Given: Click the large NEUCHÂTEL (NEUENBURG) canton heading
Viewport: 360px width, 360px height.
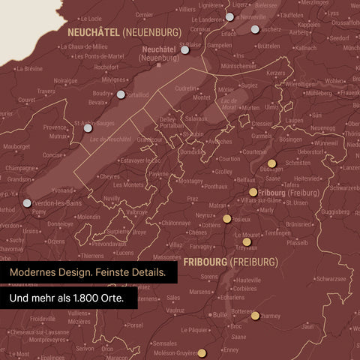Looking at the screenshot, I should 124,33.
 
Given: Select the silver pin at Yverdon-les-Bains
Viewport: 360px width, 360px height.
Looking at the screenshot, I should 28,202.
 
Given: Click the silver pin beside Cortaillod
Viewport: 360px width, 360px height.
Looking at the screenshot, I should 121,94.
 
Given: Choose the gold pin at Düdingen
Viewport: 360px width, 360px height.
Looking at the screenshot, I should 271,163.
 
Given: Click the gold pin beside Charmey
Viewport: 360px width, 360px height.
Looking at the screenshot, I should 255,316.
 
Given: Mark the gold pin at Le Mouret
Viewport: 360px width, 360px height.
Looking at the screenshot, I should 247,241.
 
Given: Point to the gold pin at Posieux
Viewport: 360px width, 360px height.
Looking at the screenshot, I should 226,219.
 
